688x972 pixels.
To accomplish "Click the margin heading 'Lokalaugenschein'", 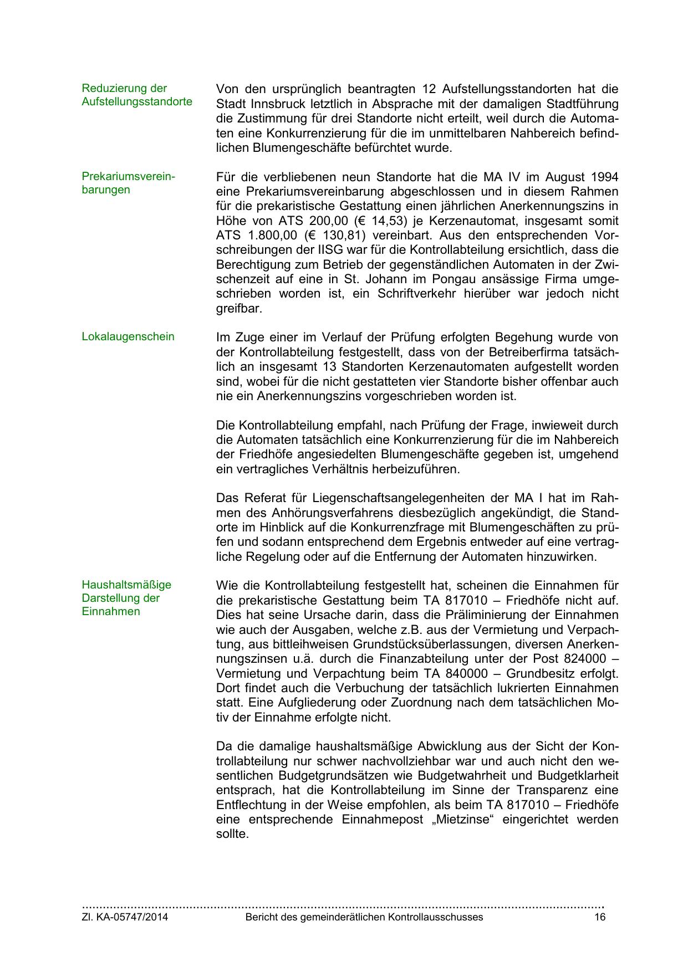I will tap(128, 337).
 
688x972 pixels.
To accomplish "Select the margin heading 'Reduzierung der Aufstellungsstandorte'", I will tap(137, 95).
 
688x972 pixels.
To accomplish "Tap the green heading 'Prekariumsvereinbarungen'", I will tap(128, 183).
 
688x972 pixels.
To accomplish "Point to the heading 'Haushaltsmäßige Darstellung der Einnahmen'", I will tap(126, 598).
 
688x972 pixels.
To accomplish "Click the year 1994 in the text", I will tap(604, 177).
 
